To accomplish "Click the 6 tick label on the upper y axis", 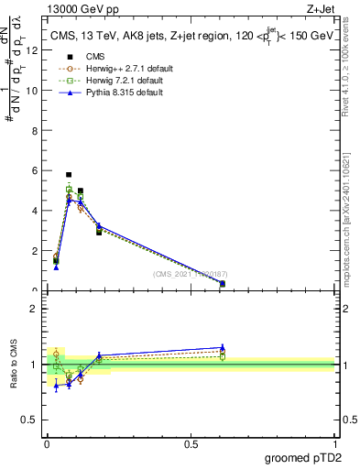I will [35, 170].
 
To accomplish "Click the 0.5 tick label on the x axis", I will [191, 444].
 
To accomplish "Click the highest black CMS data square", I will [69, 174].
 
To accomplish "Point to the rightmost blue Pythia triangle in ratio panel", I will [223, 347].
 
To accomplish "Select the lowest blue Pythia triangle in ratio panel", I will [56, 387].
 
